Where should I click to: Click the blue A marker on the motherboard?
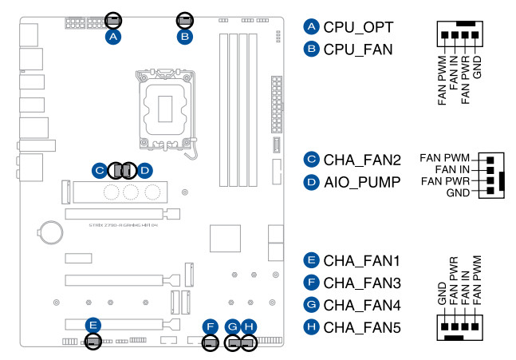tap(113, 37)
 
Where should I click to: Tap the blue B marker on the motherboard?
tap(184, 37)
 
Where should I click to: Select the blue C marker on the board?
tap(98, 170)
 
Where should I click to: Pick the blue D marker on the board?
tap(144, 170)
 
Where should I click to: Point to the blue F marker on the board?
tap(209, 326)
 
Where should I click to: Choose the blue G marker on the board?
tap(232, 326)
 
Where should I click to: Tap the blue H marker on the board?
tap(249, 326)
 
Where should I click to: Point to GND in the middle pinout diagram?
tap(457, 194)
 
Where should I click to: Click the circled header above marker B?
tap(184, 18)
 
